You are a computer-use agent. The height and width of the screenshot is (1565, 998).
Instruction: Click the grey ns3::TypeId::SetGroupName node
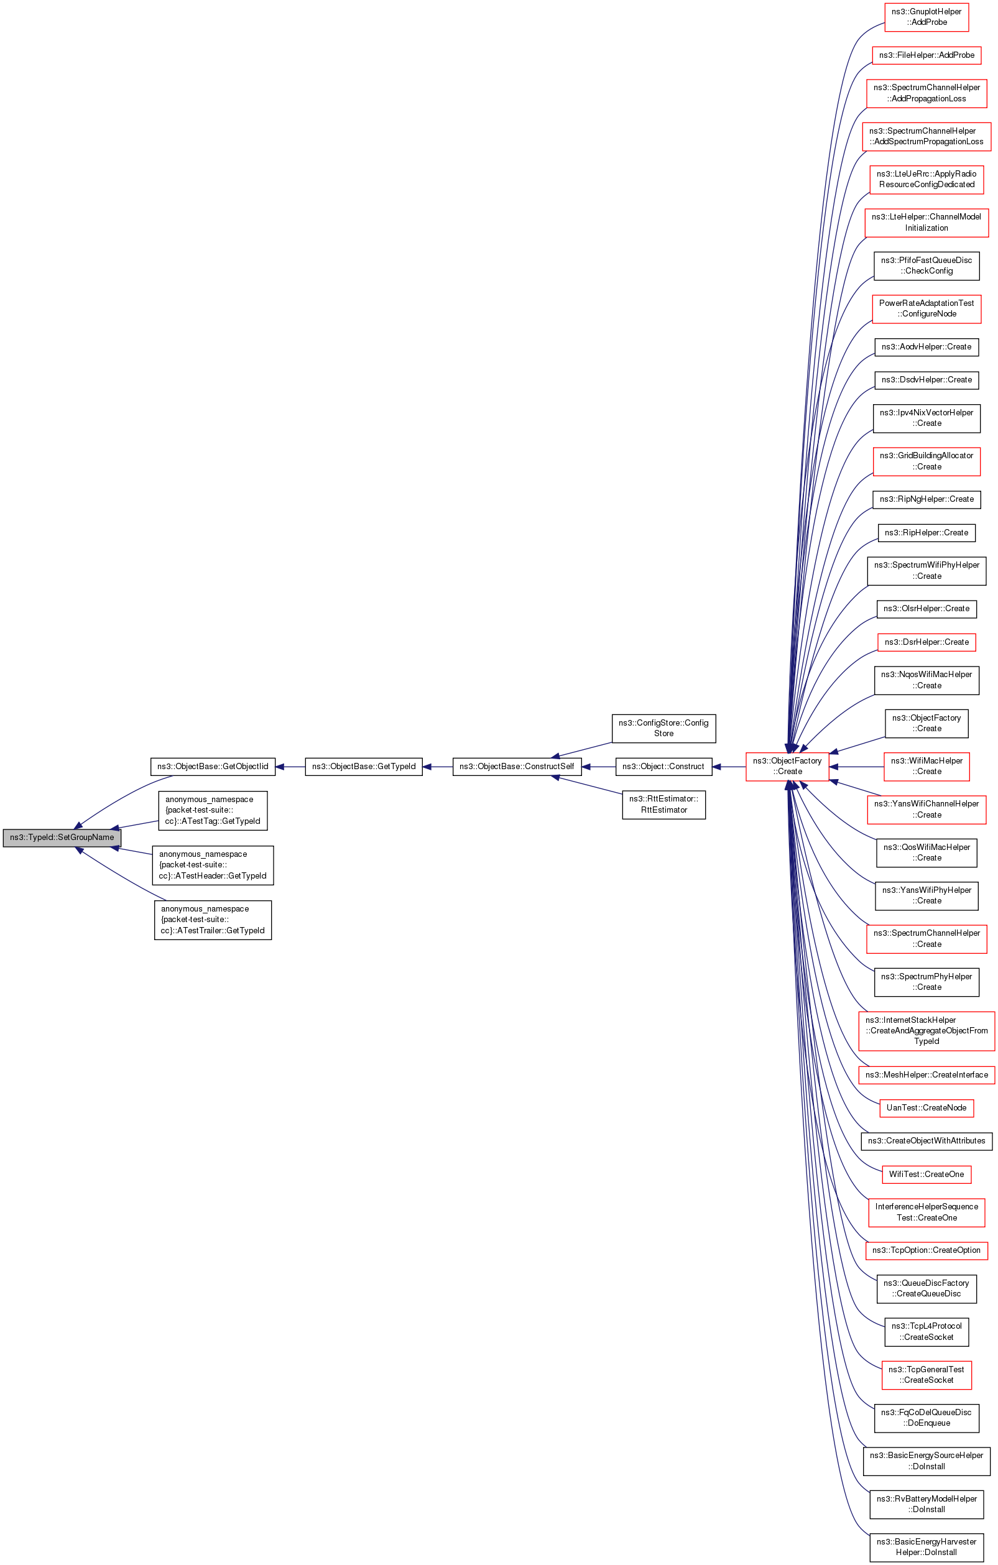click(62, 837)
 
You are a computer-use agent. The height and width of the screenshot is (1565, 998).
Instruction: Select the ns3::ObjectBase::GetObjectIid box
click(213, 766)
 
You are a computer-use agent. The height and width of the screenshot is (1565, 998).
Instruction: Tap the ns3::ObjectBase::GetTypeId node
click(363, 766)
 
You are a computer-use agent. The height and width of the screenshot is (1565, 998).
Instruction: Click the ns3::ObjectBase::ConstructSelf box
click(516, 766)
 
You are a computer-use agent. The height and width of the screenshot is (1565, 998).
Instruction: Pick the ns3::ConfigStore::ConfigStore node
click(663, 728)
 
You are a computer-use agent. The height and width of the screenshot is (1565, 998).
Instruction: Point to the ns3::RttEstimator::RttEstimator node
click(663, 804)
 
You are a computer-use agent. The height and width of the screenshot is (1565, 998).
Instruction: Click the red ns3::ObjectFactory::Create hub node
click(787, 766)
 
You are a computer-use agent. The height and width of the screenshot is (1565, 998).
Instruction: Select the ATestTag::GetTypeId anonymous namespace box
click(213, 810)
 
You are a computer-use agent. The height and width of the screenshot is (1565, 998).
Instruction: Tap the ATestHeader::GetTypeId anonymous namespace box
click(213, 864)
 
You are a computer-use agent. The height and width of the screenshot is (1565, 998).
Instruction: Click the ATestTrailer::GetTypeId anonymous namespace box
click(213, 919)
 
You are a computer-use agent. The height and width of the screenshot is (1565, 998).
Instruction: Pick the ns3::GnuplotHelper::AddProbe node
click(926, 17)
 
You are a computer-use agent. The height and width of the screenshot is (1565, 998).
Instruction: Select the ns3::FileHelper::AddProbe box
click(926, 55)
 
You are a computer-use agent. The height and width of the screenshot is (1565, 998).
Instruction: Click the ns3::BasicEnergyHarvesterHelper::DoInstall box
click(926, 1547)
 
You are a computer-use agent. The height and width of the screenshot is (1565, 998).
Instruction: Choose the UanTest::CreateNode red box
click(926, 1107)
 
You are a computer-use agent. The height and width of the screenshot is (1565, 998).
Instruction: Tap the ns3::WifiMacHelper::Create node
click(926, 766)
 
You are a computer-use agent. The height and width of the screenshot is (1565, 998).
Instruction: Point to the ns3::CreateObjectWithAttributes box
click(926, 1140)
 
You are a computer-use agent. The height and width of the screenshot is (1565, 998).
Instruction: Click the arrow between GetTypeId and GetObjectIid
click(290, 767)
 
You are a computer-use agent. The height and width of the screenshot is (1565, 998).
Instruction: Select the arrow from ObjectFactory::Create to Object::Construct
click(729, 767)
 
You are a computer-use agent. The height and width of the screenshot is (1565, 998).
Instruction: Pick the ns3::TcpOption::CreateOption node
click(926, 1250)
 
